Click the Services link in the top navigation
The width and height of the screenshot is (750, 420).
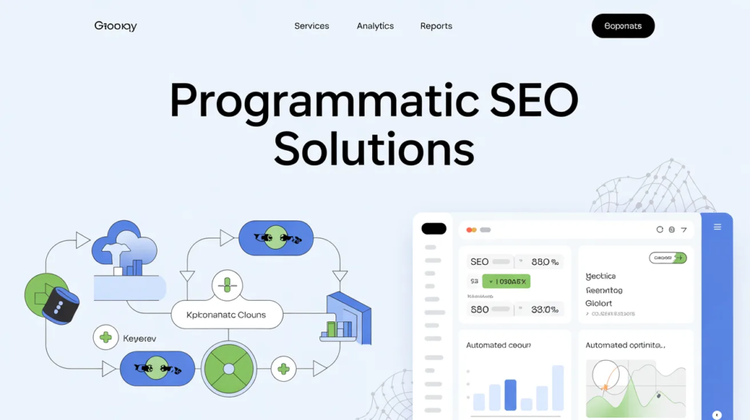tap(311, 26)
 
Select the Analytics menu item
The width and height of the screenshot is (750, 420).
tap(375, 26)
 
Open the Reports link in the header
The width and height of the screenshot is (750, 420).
tap(436, 26)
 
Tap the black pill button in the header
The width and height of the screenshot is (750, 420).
tap(623, 26)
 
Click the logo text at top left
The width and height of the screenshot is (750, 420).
tap(116, 26)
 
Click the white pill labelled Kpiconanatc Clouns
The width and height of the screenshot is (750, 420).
tap(226, 315)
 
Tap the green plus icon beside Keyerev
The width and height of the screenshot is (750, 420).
tap(105, 337)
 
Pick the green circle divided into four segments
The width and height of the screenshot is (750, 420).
tap(229, 369)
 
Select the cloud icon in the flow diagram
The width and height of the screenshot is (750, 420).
tap(125, 245)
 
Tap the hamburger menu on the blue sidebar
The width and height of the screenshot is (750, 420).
tap(717, 228)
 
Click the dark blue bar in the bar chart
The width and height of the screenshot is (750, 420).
tap(510, 394)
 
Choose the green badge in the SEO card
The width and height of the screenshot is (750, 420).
tap(506, 281)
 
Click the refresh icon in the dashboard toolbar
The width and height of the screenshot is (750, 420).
tap(660, 230)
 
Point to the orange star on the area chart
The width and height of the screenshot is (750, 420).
tap(606, 386)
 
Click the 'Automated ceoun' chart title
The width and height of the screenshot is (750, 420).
tap(499, 345)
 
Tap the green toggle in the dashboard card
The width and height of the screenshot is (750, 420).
tap(668, 258)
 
